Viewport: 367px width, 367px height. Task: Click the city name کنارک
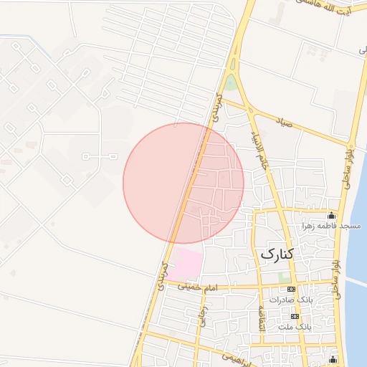point(277,253)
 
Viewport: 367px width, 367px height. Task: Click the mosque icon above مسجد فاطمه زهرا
point(331,215)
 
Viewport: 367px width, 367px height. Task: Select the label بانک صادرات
point(290,300)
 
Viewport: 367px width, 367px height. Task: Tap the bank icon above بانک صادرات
point(290,289)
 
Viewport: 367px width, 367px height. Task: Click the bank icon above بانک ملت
point(295,316)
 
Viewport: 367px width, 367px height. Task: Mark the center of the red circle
point(183,183)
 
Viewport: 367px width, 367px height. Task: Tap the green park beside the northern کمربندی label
point(231,84)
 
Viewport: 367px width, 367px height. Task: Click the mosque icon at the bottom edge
point(331,358)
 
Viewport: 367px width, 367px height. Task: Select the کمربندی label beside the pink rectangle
point(164,274)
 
